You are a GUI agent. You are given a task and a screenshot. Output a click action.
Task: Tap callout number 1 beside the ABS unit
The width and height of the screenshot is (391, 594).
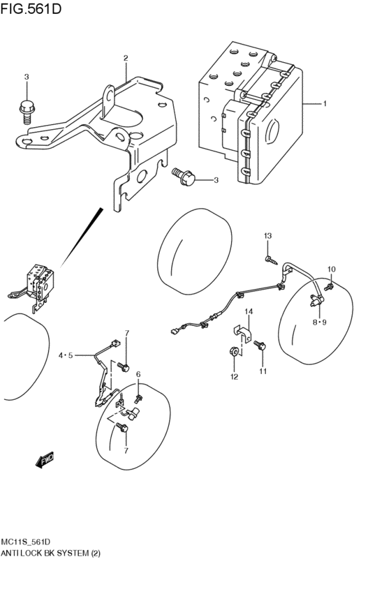pos(324,104)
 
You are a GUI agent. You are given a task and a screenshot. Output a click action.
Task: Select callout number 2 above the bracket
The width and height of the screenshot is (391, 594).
pos(126,58)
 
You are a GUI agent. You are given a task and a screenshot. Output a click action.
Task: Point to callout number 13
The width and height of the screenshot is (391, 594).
pos(267,237)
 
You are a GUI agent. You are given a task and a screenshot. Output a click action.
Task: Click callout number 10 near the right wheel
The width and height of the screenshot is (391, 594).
pos(331,269)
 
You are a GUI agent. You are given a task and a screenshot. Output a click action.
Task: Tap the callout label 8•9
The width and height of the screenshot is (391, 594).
pos(319,322)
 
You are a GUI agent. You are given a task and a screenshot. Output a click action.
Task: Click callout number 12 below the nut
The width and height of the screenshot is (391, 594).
pos(234,377)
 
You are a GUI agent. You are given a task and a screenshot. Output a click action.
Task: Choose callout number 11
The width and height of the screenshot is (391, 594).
pos(263,371)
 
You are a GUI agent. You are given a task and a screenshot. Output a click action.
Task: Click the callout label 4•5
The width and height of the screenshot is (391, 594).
pos(65,356)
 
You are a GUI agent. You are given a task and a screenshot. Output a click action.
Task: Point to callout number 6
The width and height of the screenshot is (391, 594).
pos(138,375)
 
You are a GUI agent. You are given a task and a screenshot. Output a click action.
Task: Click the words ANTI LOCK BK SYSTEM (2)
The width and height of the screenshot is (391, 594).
pos(51,554)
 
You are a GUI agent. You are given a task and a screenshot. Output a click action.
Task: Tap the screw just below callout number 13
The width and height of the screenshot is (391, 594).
pos(270,260)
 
